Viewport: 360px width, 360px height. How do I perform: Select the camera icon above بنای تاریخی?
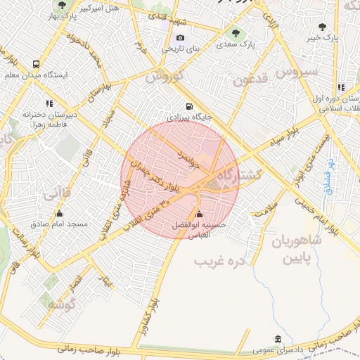(x=181, y=38)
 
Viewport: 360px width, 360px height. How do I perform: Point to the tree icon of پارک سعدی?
(x=236, y=33)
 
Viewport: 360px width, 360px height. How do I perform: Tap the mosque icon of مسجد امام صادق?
(x=58, y=214)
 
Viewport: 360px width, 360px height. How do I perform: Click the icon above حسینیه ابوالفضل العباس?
(x=199, y=214)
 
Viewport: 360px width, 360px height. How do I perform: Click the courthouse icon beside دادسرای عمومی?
(x=278, y=338)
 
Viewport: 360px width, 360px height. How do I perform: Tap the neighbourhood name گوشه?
(x=62, y=304)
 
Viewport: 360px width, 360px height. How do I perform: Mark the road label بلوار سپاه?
(x=290, y=133)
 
